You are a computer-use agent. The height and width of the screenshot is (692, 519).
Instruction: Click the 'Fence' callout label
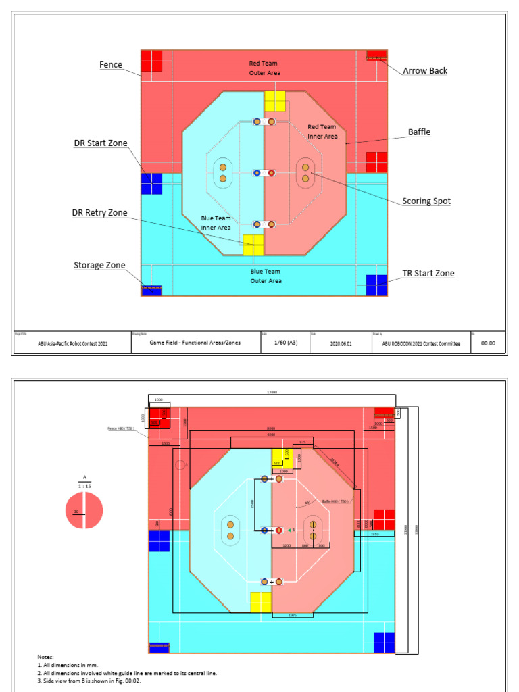point(111,65)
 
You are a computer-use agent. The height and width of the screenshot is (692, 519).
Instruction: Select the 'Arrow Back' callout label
point(425,70)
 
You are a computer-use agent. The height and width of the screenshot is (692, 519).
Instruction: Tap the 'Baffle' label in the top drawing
point(419,132)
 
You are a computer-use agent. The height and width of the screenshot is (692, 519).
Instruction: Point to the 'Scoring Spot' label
point(426,201)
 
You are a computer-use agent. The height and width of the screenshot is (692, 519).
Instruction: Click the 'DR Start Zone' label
point(101,143)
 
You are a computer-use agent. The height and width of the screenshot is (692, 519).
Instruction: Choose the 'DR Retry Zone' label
point(100,213)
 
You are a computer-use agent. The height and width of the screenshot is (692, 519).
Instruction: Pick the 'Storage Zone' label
point(99,266)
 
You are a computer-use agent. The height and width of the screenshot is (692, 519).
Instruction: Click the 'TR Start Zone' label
point(428,274)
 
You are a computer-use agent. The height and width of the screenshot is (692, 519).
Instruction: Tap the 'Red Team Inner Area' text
point(322,131)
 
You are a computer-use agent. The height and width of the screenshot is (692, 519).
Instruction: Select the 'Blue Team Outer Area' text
point(266,276)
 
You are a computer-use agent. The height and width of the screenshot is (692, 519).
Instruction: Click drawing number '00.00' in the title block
point(487,343)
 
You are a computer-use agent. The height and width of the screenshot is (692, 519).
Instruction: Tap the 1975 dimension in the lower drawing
point(293,616)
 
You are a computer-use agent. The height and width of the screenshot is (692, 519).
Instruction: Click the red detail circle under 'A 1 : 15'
point(84,512)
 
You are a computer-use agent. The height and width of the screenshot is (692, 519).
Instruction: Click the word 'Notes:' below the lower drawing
point(46,656)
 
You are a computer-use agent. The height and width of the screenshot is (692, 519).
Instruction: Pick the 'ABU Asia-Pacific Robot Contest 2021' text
point(74,343)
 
